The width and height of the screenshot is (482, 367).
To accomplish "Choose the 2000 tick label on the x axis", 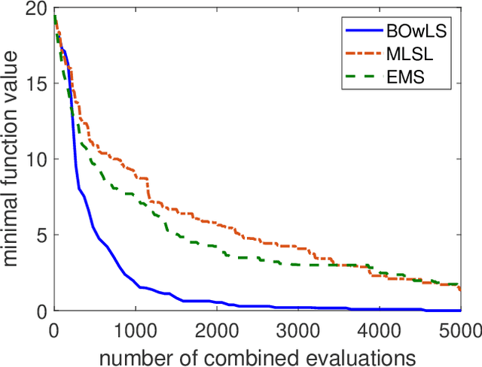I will point(216,329).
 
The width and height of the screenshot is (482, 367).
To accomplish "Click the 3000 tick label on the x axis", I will point(297,329).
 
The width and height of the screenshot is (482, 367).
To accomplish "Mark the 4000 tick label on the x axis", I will point(379,329).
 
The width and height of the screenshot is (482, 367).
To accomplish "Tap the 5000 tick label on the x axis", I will point(460,329).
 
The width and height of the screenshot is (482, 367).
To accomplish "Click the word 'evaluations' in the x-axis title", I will point(350,353).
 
